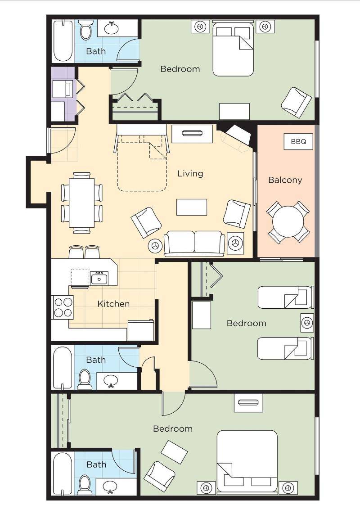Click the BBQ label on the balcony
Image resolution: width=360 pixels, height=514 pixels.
coord(298,142)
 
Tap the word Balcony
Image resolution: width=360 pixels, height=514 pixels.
coord(285,180)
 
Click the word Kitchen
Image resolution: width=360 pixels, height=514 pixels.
coord(113,304)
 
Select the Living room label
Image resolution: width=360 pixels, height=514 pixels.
coord(190,173)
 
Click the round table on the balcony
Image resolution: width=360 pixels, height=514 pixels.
coord(288,221)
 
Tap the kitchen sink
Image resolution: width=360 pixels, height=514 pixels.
coord(99,278)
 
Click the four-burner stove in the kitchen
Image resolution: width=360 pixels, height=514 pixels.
coord(63,307)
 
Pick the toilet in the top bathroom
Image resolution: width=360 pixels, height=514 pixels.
coord(86,30)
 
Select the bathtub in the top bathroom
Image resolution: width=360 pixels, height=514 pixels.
coord(63,41)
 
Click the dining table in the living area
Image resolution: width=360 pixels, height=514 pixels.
coord(81,203)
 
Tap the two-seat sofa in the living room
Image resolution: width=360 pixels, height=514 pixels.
coord(194,243)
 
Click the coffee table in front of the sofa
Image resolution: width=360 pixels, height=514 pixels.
coord(192,207)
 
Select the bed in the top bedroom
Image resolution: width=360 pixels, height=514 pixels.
coord(233,48)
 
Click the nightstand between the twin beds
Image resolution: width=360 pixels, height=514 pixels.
coord(307,323)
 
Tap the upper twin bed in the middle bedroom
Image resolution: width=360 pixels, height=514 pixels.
coord(285,298)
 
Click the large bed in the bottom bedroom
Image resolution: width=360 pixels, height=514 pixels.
coord(247,461)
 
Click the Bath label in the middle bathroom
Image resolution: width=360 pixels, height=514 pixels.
coord(96,360)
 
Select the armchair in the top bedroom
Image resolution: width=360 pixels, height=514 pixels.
coord(296,102)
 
